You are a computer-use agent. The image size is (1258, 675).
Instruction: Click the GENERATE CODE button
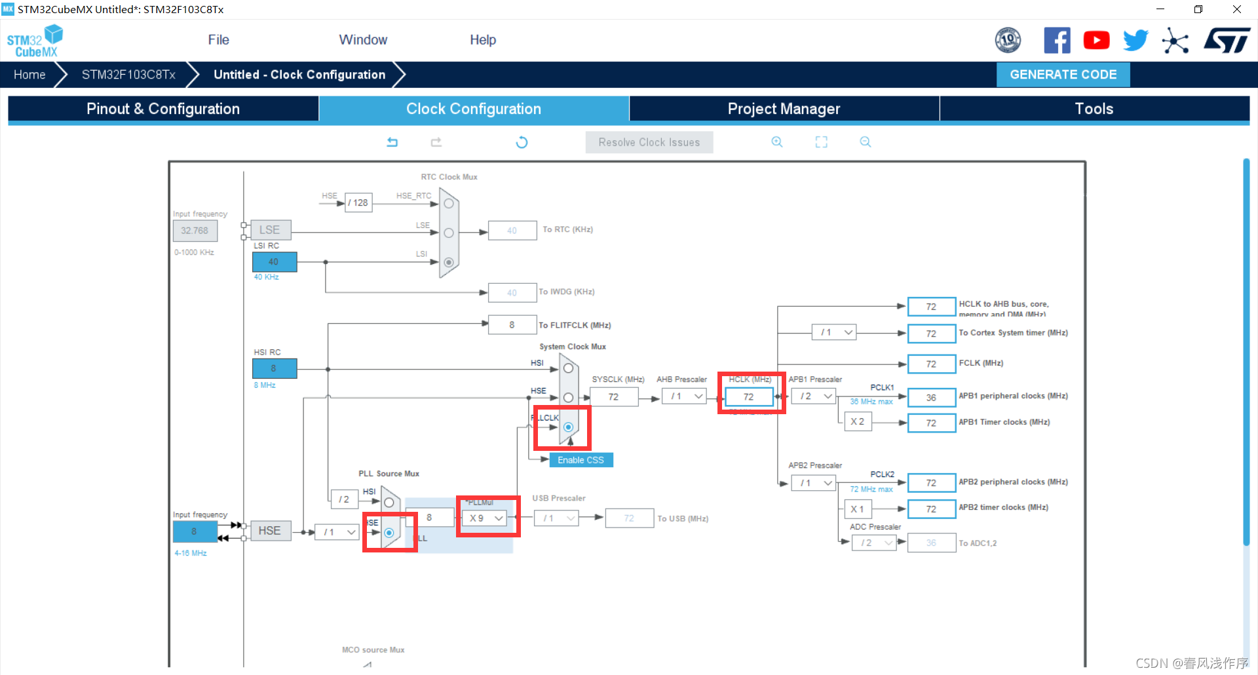tap(1063, 75)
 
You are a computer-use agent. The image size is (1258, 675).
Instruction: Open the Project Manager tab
tap(784, 109)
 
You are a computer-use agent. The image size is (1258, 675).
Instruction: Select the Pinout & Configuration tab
tap(163, 109)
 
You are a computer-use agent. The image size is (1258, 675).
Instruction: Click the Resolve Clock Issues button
tap(649, 142)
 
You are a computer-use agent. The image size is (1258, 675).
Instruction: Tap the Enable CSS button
tap(581, 460)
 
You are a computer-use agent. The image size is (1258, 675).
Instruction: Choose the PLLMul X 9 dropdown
tap(486, 518)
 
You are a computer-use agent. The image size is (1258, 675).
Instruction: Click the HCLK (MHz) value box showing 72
tap(748, 396)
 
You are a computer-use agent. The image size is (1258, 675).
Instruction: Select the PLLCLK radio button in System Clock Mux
tap(568, 427)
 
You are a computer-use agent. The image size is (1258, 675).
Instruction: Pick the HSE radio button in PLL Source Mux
tap(389, 533)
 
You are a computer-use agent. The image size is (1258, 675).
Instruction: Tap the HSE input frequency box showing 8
tap(195, 531)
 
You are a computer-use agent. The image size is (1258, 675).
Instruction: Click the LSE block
tap(270, 230)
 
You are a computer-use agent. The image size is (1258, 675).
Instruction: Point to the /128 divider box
tap(358, 203)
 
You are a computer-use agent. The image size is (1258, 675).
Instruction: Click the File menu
tap(218, 40)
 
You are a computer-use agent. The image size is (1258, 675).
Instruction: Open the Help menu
tap(483, 40)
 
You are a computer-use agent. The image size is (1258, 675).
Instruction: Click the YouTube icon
tap(1096, 41)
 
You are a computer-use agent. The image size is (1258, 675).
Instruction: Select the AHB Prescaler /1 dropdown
tap(683, 396)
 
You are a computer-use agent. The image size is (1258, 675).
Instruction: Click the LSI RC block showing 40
tap(274, 262)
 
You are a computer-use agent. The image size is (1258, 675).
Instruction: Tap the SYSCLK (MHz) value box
tap(613, 397)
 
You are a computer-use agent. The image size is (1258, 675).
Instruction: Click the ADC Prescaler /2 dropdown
tap(873, 543)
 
